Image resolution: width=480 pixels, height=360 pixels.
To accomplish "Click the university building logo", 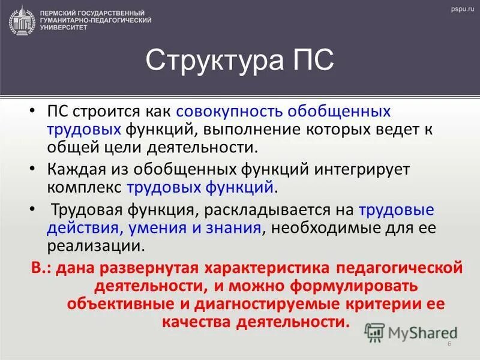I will click(21, 19).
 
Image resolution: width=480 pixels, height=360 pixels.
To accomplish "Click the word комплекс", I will click(85, 188).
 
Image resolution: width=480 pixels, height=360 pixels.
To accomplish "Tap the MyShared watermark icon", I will click(376, 331).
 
